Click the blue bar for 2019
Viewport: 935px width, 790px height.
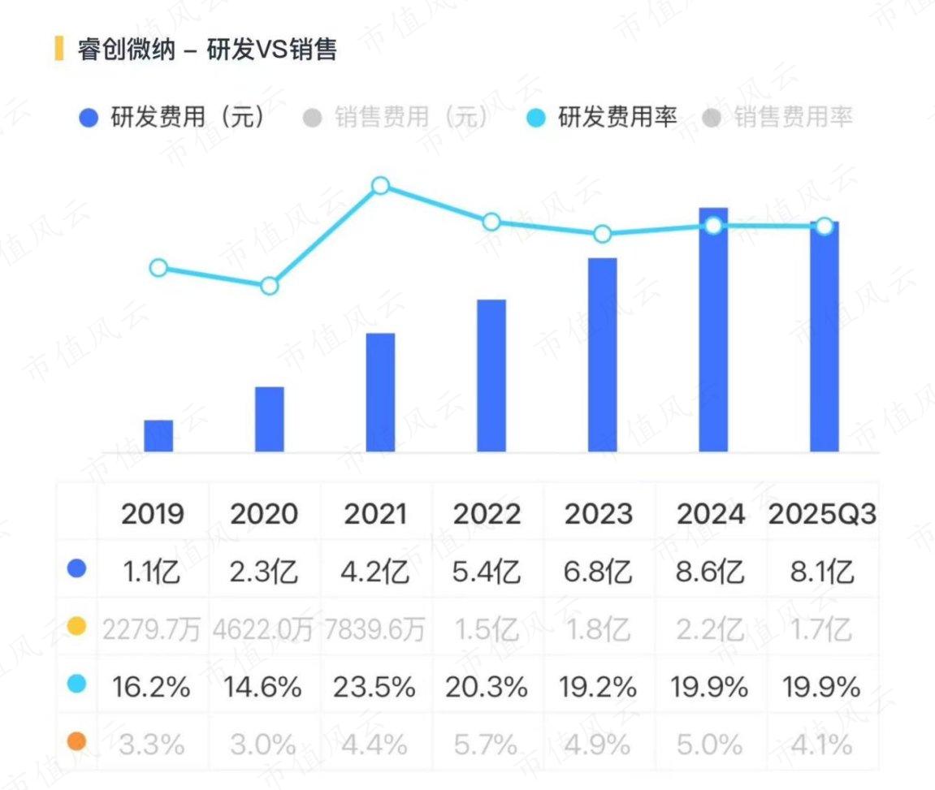(158, 435)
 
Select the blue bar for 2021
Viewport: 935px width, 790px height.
(380, 392)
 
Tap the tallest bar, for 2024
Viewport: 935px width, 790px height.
(713, 330)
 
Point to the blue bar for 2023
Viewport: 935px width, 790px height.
(602, 355)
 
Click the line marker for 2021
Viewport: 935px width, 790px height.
(380, 186)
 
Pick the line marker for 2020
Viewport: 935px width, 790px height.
(270, 286)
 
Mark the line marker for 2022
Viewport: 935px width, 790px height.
(491, 222)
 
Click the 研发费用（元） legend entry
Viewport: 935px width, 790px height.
(171, 117)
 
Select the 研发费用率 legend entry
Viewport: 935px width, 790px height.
(602, 117)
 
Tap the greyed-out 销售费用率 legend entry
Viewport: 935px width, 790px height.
(777, 117)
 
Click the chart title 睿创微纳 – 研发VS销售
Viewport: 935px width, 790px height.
(207, 49)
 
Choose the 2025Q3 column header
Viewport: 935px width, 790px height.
(822, 514)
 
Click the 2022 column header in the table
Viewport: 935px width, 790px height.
(487, 514)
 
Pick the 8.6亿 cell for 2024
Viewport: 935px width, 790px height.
(710, 572)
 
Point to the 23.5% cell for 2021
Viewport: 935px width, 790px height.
(374, 687)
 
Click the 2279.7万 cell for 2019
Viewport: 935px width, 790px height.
(151, 629)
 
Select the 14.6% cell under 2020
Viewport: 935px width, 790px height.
(263, 687)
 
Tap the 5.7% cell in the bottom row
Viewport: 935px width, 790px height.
(486, 744)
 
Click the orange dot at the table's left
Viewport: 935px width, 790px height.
(76, 742)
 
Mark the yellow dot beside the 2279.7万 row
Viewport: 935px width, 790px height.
(76, 626)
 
